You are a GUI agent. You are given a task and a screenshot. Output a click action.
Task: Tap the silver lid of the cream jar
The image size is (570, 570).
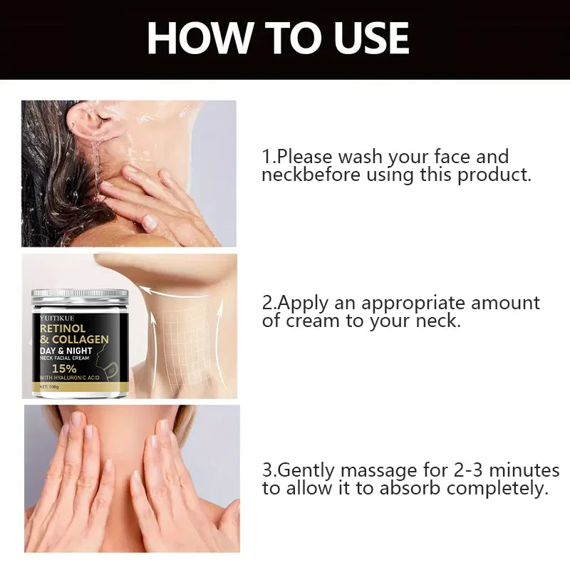point(79,295)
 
